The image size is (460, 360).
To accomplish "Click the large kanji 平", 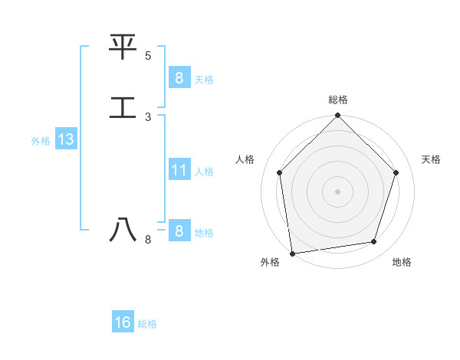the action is [x=123, y=47].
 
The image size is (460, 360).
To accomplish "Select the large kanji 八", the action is [x=123, y=229].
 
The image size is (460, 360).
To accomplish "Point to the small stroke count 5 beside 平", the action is [x=148, y=56].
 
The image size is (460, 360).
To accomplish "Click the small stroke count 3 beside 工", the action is [x=148, y=116].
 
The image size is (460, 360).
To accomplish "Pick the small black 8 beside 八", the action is [x=148, y=240].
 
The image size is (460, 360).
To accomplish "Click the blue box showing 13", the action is [x=65, y=140].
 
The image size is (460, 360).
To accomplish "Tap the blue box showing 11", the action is [x=179, y=170].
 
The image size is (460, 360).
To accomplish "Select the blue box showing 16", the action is [x=123, y=322].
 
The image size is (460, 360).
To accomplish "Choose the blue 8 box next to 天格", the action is [x=179, y=77].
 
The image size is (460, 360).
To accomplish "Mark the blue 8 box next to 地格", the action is [x=179, y=231].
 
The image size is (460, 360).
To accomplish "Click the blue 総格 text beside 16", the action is [x=147, y=324].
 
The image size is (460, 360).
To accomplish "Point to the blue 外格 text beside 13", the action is [x=41, y=141].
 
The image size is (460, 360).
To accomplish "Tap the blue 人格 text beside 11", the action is [x=204, y=172].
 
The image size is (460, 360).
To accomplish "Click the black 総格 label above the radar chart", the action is [x=338, y=100].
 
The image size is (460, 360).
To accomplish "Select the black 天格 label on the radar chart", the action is [x=431, y=159].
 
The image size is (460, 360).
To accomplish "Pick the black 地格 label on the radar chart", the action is [x=402, y=262].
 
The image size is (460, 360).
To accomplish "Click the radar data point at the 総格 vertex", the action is [x=338, y=116].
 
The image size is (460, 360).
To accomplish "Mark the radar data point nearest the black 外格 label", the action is [x=292, y=253].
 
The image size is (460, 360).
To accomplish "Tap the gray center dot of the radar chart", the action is [x=338, y=191].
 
